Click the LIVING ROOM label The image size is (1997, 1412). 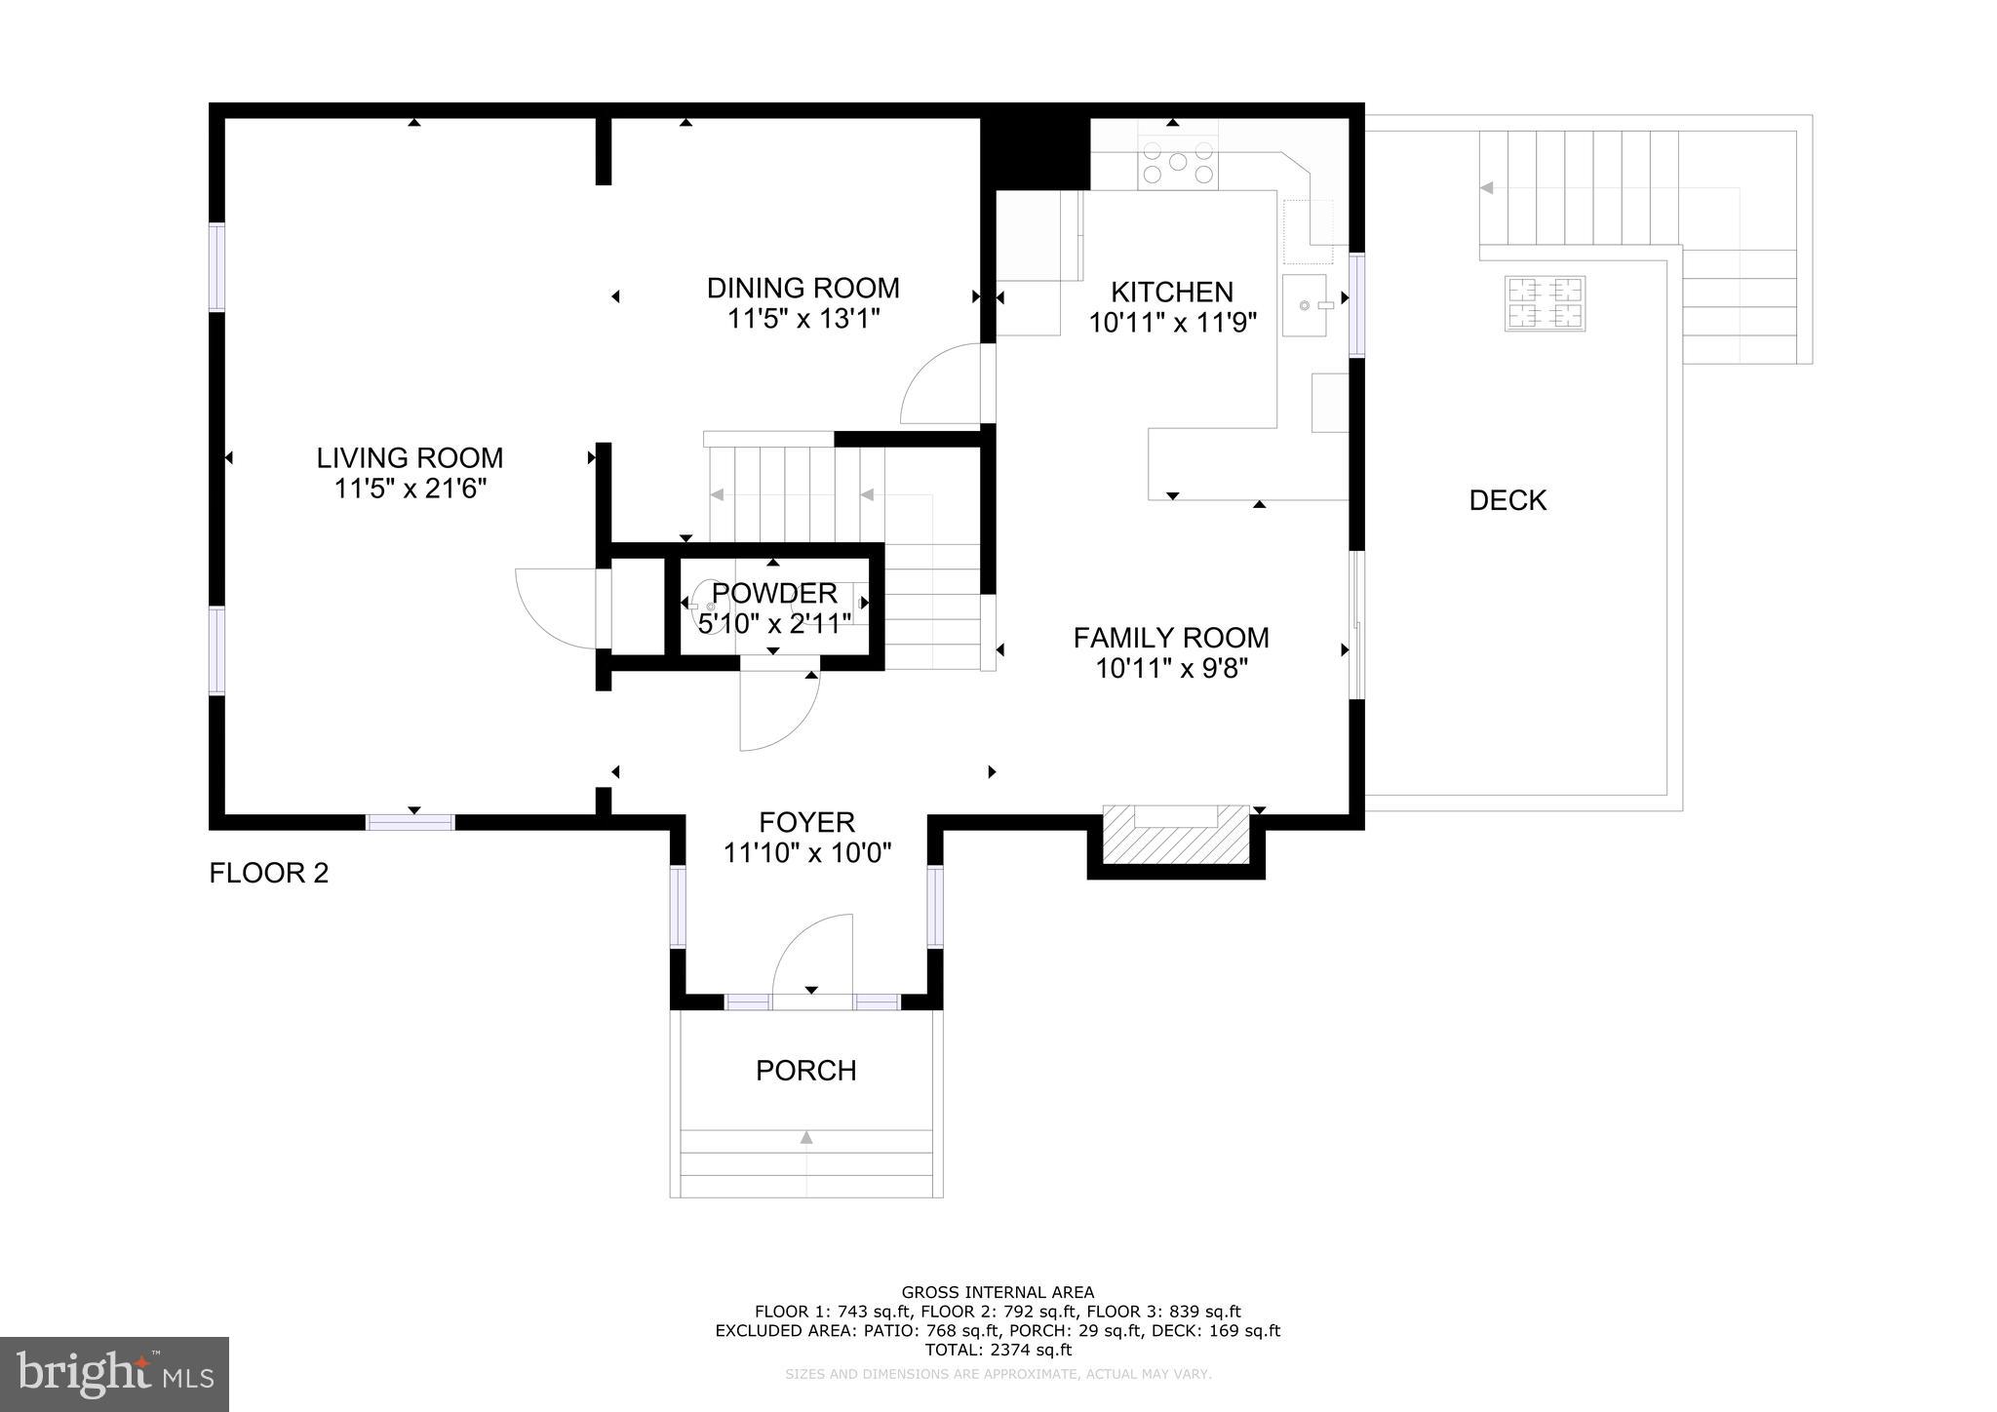pyautogui.click(x=410, y=457)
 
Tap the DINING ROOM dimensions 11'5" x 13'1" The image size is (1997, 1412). pyautogui.click(x=803, y=319)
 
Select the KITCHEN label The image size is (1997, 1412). pyautogui.click(x=1171, y=292)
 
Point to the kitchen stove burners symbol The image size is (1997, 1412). pyautogui.click(x=1178, y=163)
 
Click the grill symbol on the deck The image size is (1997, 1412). pyautogui.click(x=1545, y=303)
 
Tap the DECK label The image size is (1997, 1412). pyautogui.click(x=1507, y=500)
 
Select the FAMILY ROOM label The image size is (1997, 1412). pyautogui.click(x=1170, y=638)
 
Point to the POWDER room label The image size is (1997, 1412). pyautogui.click(x=774, y=593)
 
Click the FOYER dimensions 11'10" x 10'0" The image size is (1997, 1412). pyautogui.click(x=806, y=853)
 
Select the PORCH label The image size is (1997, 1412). pyautogui.click(x=805, y=1071)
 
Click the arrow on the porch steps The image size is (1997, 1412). pyautogui.click(x=805, y=1137)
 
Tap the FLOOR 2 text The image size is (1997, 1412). pyautogui.click(x=268, y=873)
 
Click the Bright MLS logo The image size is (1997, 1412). pyautogui.click(x=114, y=1374)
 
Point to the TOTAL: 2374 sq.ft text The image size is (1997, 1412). pyautogui.click(x=998, y=1350)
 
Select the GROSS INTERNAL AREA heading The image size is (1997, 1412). pyautogui.click(x=998, y=1292)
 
